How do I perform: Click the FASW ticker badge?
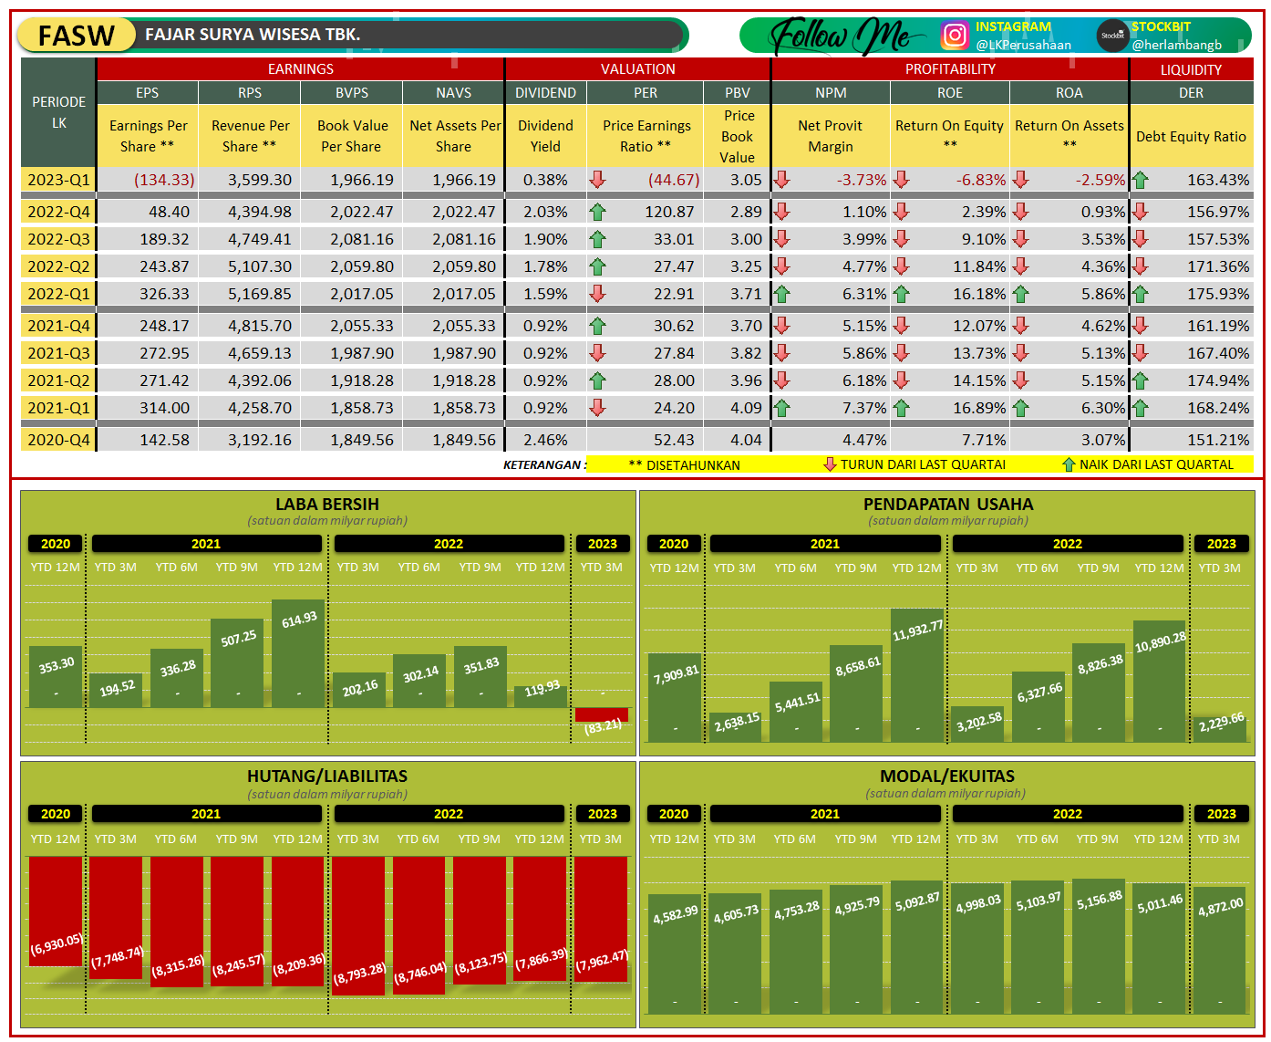pos(77,36)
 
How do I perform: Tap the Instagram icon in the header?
pos(954,35)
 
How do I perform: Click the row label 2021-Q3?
pos(58,353)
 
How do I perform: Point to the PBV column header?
pos(737,93)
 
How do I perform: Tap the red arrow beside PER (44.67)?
pos(597,179)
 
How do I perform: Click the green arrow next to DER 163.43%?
pos(1140,180)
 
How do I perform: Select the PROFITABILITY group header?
pos(950,69)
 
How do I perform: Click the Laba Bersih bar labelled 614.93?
pos(298,653)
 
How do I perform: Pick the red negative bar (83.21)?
pos(602,714)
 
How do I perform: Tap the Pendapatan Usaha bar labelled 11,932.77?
pos(917,675)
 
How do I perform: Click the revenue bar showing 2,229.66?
pos(1221,728)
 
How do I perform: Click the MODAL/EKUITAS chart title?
pos(946,776)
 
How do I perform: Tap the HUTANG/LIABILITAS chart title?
pos(327,776)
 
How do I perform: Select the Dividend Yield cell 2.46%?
pos(545,440)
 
